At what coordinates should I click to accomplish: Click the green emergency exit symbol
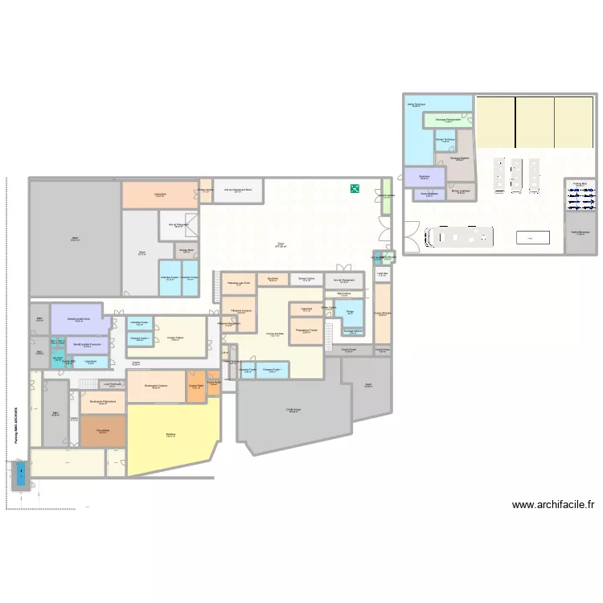354,189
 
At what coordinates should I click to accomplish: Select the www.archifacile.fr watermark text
554,505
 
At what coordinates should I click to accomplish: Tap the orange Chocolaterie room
103,431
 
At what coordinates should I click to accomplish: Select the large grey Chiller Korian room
293,410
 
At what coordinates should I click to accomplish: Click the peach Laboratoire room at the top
160,195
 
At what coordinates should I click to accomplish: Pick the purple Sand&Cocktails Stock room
77,319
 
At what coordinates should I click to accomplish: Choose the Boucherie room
273,279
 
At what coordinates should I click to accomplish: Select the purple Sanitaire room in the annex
424,177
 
